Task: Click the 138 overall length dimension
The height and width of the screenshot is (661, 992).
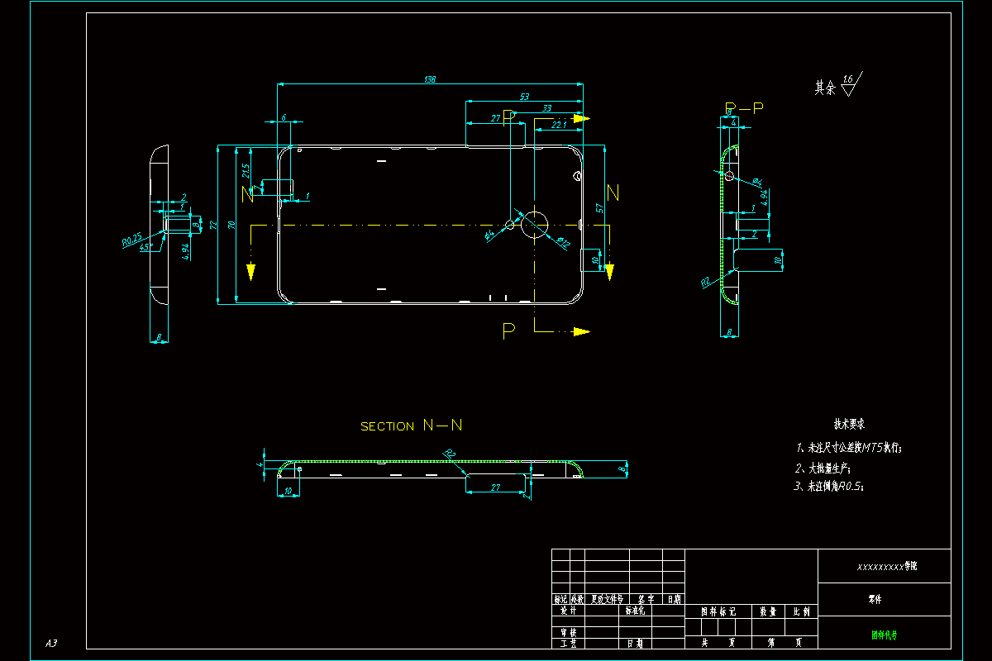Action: point(429,79)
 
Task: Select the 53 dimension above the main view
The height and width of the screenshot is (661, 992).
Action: point(524,97)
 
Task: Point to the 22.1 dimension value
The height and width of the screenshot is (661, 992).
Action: point(559,125)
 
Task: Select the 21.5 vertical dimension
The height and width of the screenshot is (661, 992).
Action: point(246,171)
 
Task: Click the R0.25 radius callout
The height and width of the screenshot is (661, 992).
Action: point(132,240)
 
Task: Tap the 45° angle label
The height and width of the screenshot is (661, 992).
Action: point(145,248)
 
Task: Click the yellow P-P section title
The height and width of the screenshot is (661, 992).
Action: point(743,108)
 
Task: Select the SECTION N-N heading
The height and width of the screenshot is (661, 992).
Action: point(411,426)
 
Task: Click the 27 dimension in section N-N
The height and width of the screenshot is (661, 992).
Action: point(495,487)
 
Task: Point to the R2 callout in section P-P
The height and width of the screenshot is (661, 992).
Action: point(706,282)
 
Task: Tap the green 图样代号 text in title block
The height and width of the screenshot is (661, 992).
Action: point(884,635)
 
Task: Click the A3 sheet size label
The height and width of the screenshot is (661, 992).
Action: point(51,643)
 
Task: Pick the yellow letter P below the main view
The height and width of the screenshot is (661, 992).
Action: point(508,330)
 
